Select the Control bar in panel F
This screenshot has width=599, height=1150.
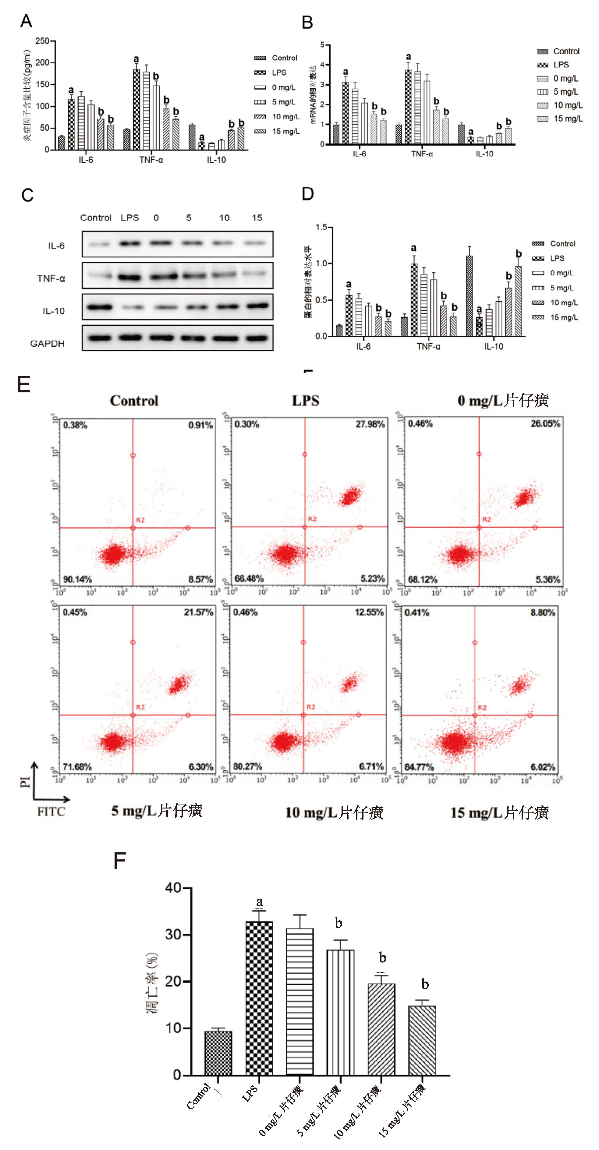click(218, 1053)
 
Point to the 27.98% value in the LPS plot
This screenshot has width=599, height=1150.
click(370, 424)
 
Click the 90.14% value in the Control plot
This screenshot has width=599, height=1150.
click(77, 579)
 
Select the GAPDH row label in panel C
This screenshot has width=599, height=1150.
click(47, 344)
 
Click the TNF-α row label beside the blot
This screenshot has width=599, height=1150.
click(51, 278)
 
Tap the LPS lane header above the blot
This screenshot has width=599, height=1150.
click(130, 218)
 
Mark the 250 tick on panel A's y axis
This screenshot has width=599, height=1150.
click(42, 41)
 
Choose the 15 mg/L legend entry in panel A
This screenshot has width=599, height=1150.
click(286, 131)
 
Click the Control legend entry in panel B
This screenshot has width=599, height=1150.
click(566, 51)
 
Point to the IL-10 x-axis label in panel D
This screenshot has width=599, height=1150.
click(494, 346)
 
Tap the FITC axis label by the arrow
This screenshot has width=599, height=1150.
click(51, 812)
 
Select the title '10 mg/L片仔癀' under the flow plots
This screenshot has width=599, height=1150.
click(334, 812)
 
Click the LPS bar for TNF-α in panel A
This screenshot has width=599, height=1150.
click(136, 109)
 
